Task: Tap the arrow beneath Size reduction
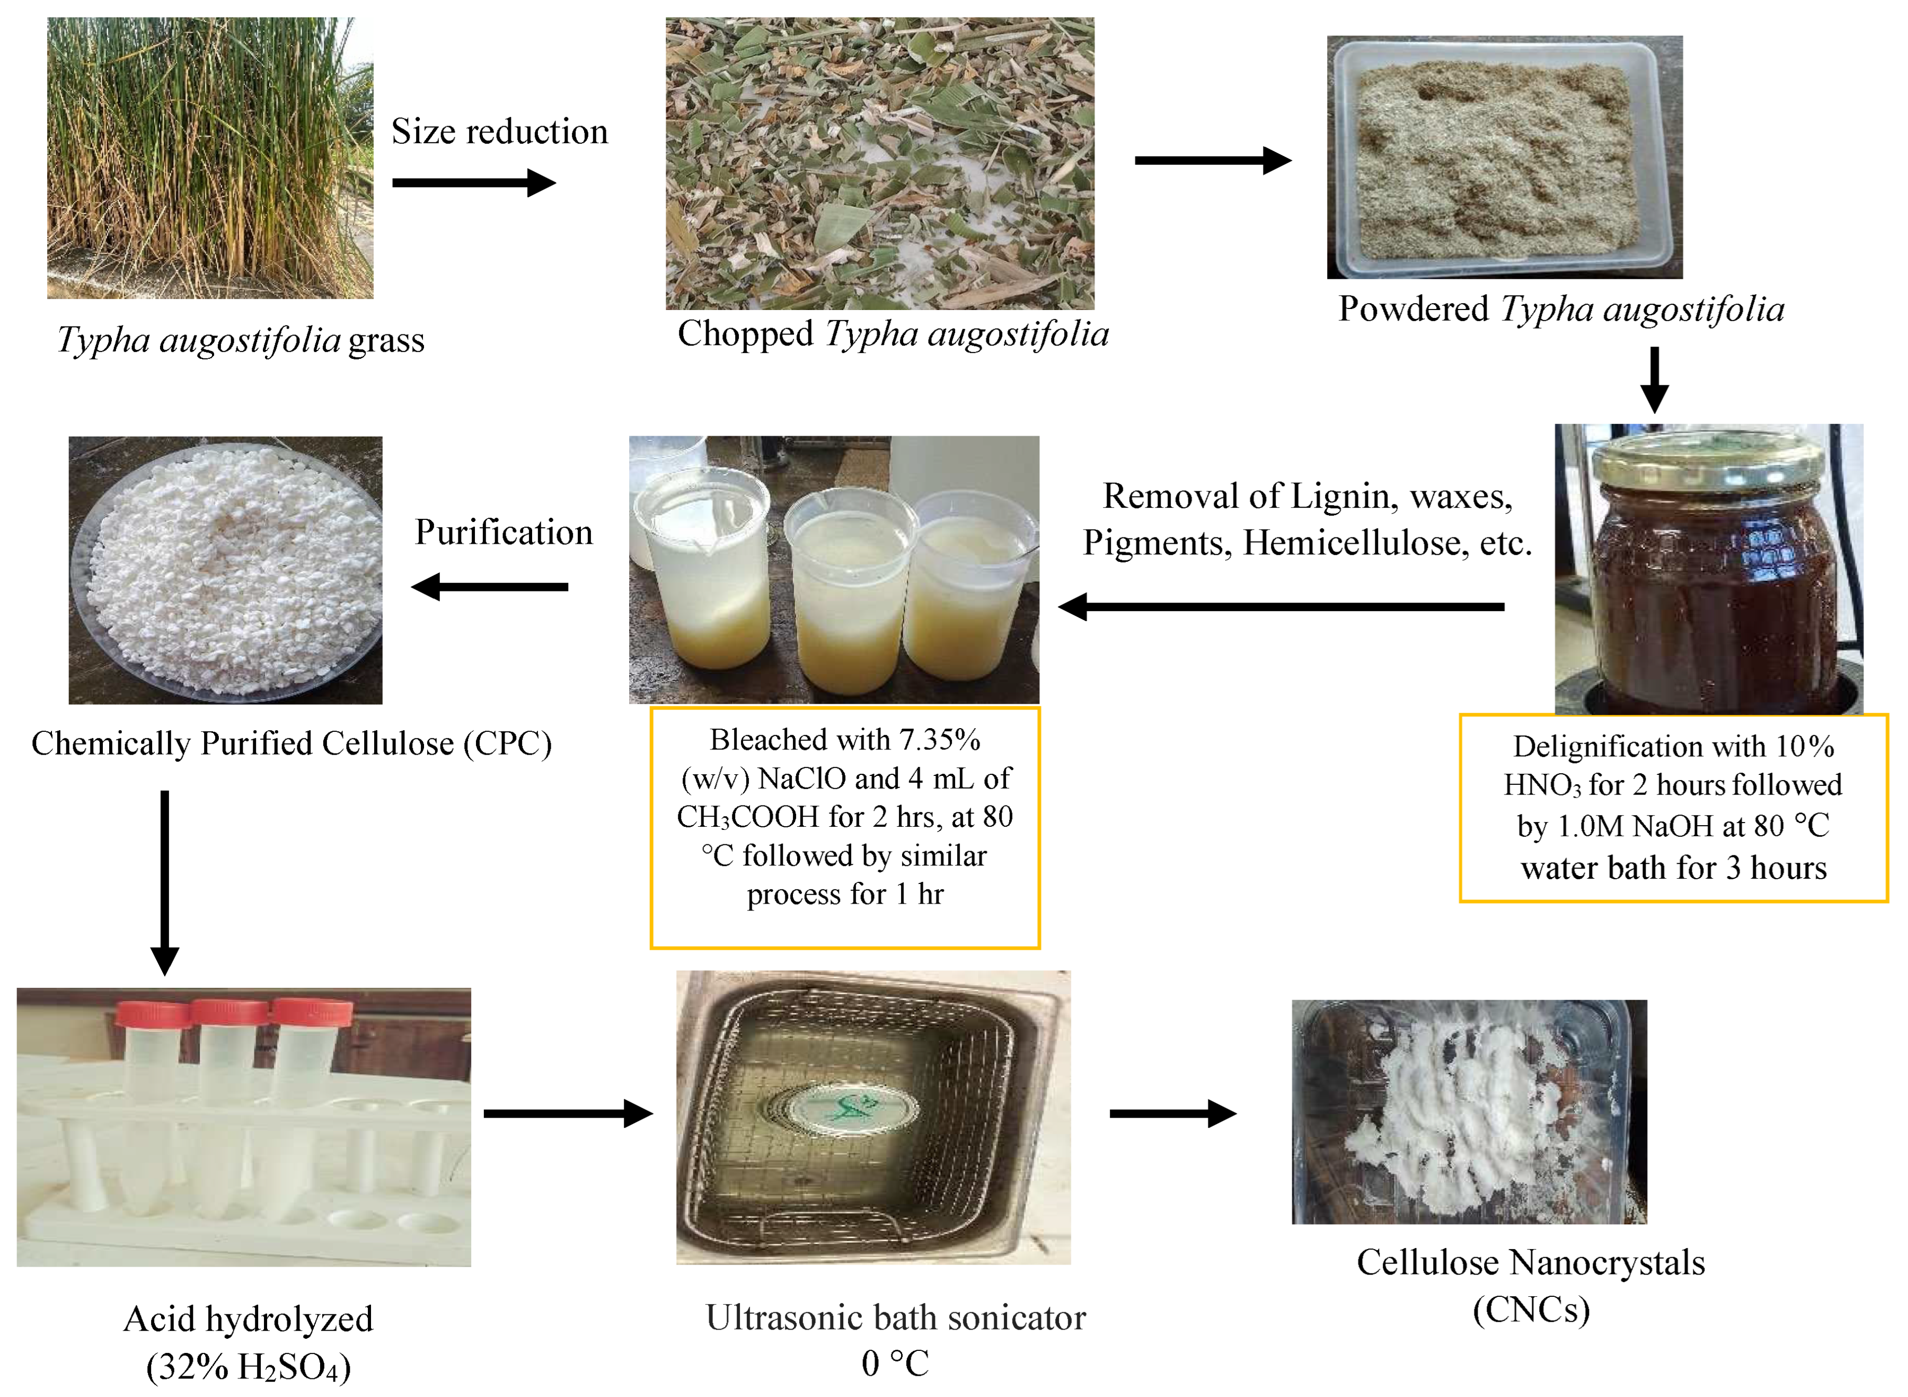pos(474,183)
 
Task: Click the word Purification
pos(504,532)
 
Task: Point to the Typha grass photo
pos(210,158)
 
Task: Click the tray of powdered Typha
pos(1504,158)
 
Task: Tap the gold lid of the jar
pos(1707,461)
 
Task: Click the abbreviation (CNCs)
pos(1531,1310)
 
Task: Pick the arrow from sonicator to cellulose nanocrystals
pos(1173,1113)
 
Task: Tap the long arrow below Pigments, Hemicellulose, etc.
pos(1282,606)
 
